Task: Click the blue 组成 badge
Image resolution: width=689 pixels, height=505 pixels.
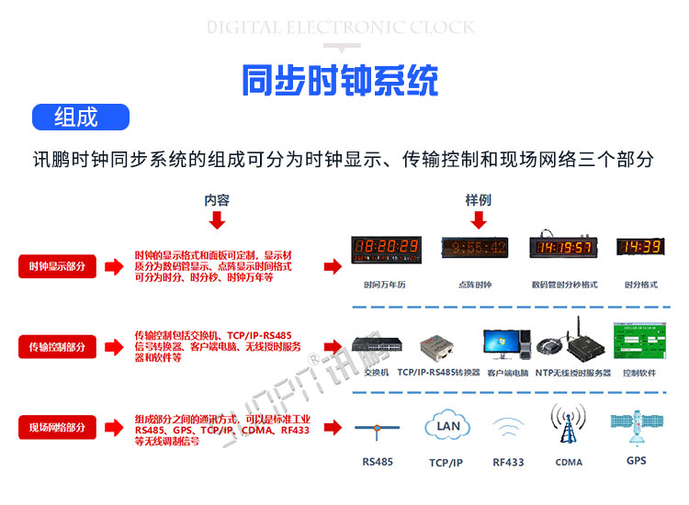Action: coord(81,118)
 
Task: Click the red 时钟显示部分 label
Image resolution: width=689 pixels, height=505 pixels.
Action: coord(57,266)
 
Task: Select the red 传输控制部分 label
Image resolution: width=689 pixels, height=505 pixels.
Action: coord(57,347)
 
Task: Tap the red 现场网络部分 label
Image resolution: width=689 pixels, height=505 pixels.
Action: coord(57,427)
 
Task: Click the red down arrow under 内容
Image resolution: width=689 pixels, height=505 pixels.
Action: coord(217,220)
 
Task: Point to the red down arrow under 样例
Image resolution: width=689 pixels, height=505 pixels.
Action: coord(478,220)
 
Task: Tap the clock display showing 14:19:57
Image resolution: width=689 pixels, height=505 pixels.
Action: coord(564,247)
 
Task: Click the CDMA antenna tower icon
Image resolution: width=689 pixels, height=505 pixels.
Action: coord(568,426)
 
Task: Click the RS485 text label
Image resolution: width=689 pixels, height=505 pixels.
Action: coord(378,462)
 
